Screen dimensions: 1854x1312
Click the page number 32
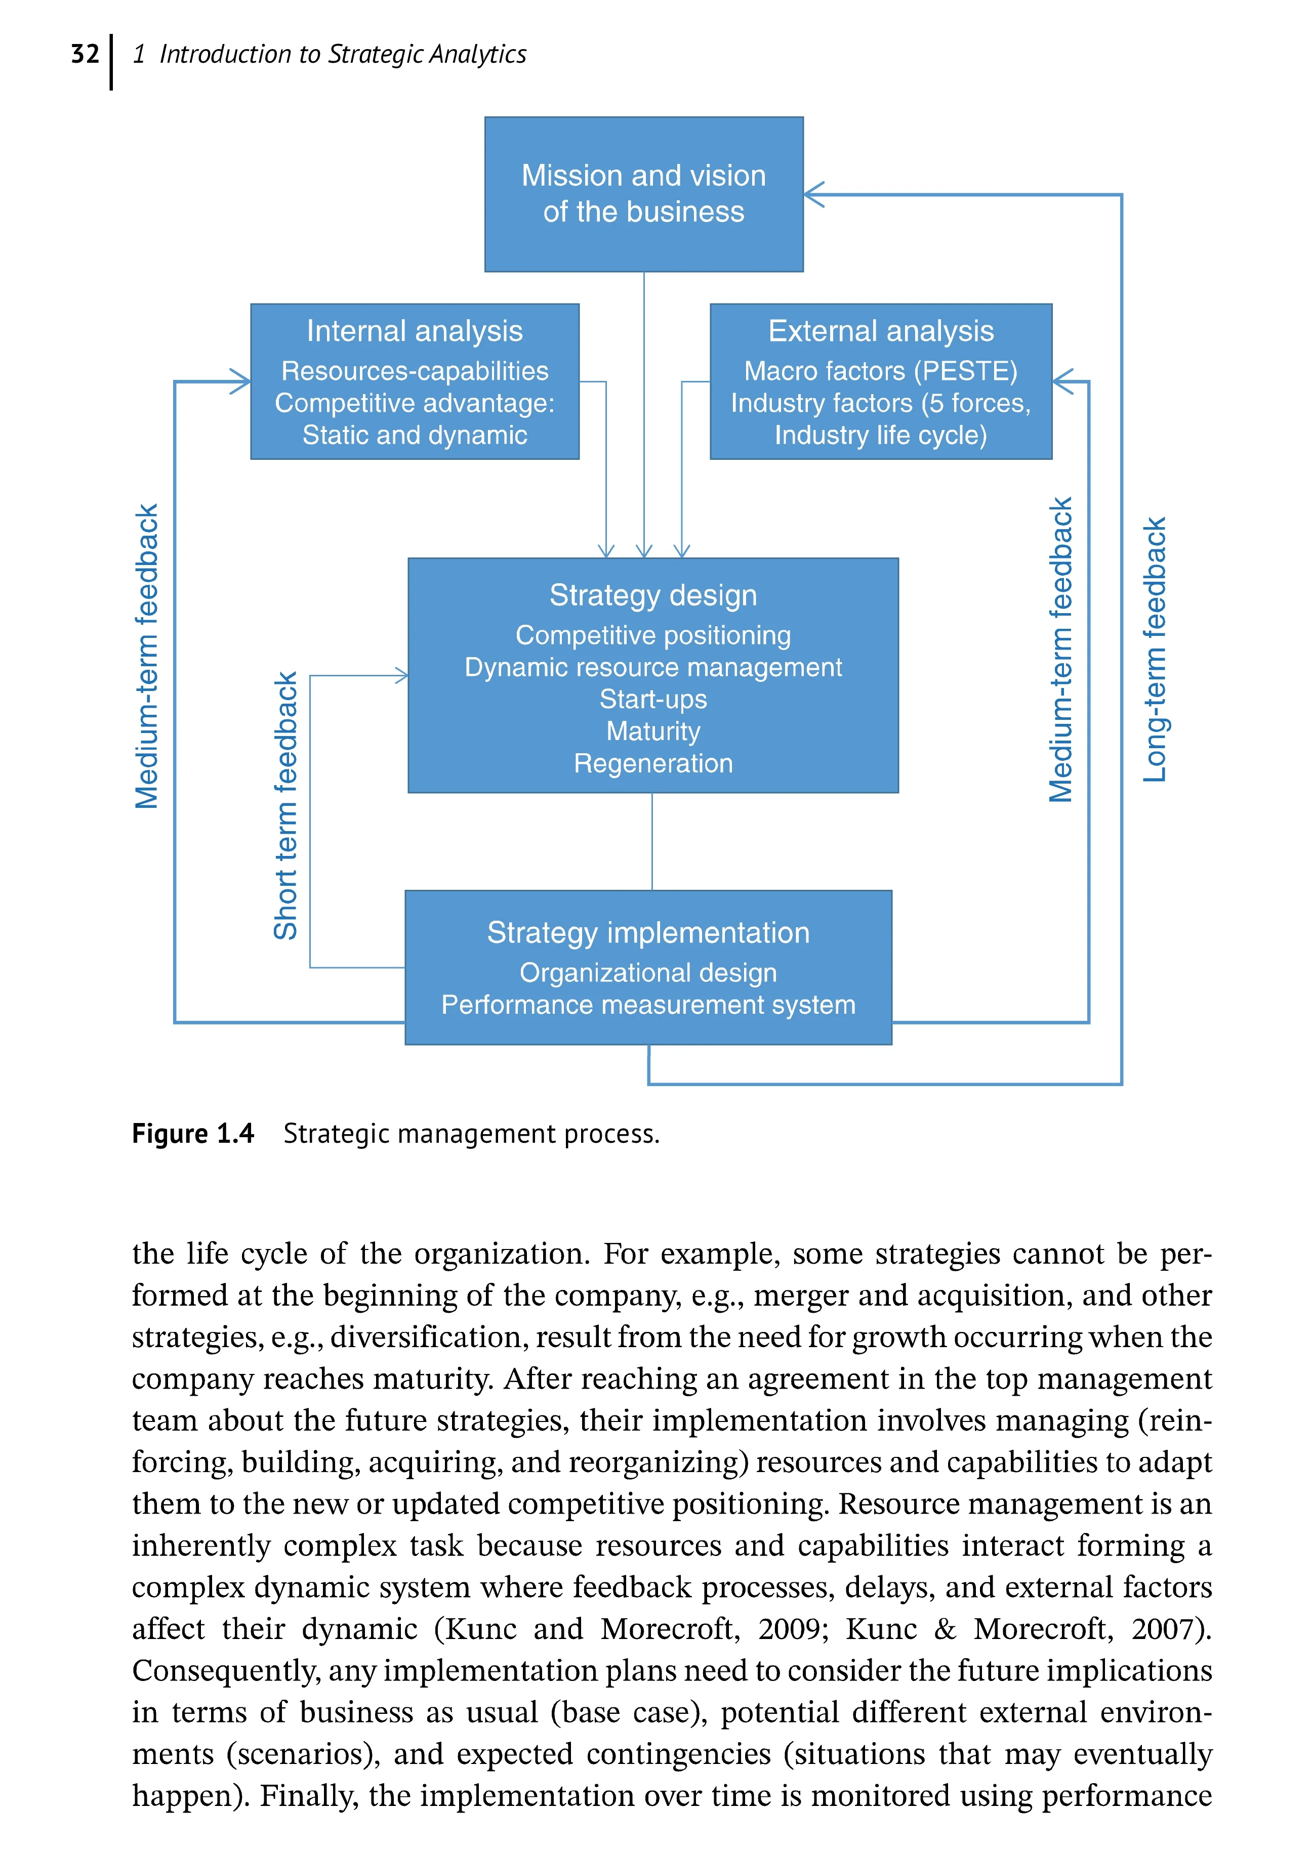coord(85,54)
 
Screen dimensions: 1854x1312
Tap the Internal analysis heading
coord(415,331)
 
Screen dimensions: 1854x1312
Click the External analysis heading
coord(881,331)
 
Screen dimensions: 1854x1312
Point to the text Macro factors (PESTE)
coord(881,371)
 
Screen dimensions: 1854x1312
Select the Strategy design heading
coord(653,595)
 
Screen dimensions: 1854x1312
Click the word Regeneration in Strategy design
coord(653,763)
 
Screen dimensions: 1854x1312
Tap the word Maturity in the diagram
coord(653,731)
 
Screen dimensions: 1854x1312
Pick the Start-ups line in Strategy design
coord(653,699)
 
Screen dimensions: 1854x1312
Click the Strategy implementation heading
coord(648,933)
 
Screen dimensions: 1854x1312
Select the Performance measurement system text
coord(648,1005)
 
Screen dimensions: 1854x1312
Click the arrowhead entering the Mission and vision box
coord(813,195)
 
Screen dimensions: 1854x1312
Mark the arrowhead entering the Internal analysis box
coord(241,381)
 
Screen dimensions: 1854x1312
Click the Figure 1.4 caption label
coord(193,1134)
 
